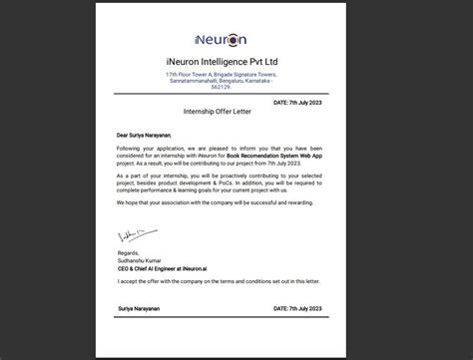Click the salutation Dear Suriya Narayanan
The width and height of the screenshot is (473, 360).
(x=146, y=135)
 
